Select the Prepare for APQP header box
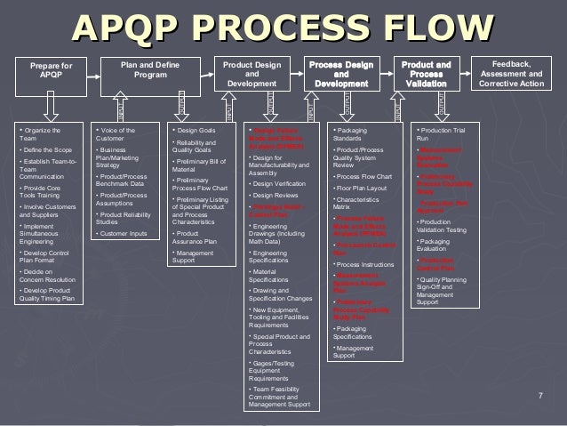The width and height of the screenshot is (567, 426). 52,71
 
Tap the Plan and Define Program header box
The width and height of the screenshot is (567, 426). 142,70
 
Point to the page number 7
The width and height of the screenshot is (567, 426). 541,392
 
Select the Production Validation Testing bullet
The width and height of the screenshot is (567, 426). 441,225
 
